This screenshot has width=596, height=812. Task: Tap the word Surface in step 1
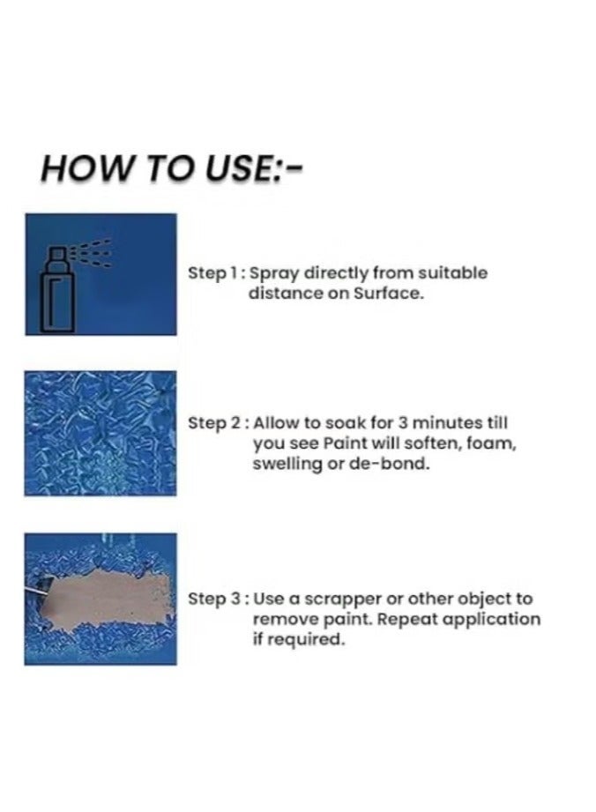(x=388, y=294)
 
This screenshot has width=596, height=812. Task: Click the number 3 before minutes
(x=404, y=423)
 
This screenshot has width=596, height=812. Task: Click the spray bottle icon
(x=62, y=290)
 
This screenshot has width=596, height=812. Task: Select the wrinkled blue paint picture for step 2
(x=101, y=433)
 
